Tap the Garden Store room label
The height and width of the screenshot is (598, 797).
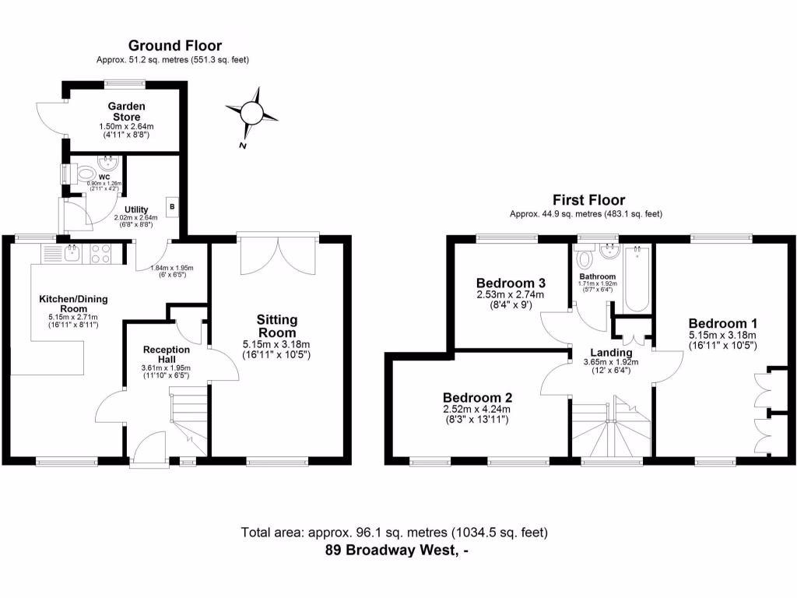tap(125, 111)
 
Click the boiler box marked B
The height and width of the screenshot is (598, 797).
tap(172, 209)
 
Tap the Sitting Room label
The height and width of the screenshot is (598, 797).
tap(278, 326)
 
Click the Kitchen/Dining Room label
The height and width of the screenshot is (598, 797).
tap(74, 304)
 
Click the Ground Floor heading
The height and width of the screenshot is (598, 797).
tap(174, 46)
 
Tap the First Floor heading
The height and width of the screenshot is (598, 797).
tap(588, 200)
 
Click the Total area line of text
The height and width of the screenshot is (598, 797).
tap(395, 533)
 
